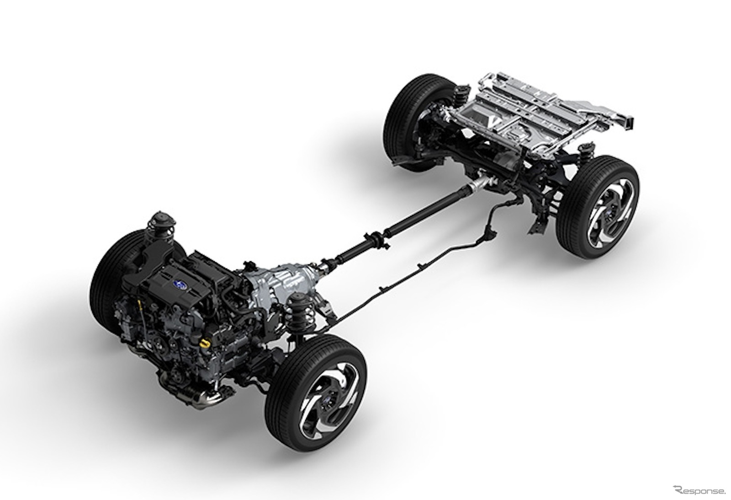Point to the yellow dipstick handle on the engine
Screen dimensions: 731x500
tap(140, 303)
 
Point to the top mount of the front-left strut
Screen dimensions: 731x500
tap(161, 218)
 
